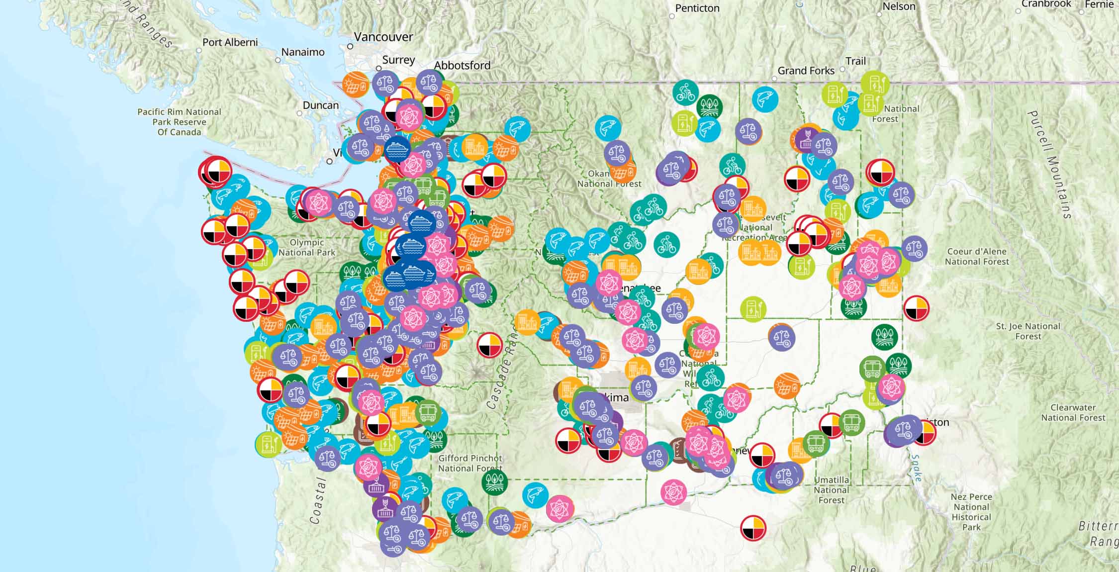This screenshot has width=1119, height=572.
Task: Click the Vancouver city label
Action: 383,37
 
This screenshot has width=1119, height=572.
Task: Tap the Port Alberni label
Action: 230,42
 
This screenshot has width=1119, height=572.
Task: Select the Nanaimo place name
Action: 302,52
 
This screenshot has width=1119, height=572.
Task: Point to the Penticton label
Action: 697,8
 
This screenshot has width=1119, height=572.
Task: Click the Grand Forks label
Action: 806,71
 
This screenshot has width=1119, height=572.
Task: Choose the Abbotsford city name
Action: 462,65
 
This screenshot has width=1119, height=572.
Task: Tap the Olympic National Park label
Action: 307,247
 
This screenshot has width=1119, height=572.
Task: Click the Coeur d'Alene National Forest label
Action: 977,256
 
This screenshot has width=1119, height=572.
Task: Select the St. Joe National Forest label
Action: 1028,331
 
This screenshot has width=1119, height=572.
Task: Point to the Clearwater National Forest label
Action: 1073,412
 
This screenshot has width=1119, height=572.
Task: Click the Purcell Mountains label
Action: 1049,164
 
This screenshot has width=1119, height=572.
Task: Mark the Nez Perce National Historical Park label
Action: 971,511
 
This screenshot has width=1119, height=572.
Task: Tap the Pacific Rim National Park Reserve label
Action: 179,122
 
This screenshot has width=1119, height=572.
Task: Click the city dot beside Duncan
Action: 299,113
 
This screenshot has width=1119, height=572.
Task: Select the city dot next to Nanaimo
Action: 278,60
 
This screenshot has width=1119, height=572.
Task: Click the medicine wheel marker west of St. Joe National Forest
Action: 916,308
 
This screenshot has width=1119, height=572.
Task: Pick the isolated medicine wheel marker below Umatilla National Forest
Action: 753,527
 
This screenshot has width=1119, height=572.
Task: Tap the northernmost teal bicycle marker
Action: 685,93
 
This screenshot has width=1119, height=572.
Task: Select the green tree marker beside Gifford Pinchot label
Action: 494,480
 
